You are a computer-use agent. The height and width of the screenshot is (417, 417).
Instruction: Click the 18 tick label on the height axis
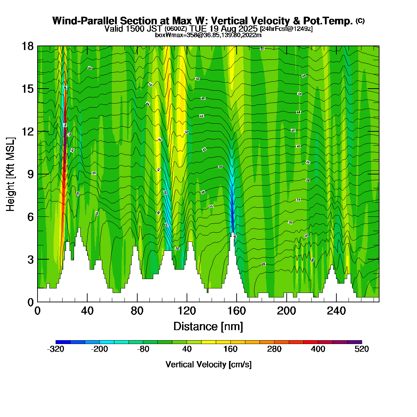click(28, 46)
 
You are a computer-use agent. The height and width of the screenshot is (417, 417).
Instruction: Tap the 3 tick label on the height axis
click(31, 260)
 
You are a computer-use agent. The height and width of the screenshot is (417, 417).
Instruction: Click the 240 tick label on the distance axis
click(336, 311)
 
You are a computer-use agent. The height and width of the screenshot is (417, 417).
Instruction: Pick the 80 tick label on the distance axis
click(137, 311)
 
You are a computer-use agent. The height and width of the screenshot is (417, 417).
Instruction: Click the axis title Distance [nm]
click(208, 327)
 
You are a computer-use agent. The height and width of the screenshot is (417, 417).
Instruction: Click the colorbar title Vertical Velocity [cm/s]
click(208, 365)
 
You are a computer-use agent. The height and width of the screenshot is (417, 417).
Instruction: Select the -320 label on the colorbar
click(56, 349)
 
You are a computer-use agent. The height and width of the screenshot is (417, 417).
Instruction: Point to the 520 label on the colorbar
click(362, 349)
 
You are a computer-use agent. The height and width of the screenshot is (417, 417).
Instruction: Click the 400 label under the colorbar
click(318, 349)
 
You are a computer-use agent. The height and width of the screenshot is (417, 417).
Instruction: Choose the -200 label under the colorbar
click(99, 349)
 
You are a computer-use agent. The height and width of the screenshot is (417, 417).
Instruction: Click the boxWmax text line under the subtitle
click(208, 35)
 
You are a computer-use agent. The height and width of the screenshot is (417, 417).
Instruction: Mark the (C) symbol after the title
click(360, 21)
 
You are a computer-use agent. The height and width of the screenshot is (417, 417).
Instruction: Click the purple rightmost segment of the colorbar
click(354, 342)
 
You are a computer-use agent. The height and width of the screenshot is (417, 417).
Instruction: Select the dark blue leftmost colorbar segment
click(63, 342)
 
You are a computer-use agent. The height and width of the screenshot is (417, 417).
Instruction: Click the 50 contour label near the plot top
click(262, 48)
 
